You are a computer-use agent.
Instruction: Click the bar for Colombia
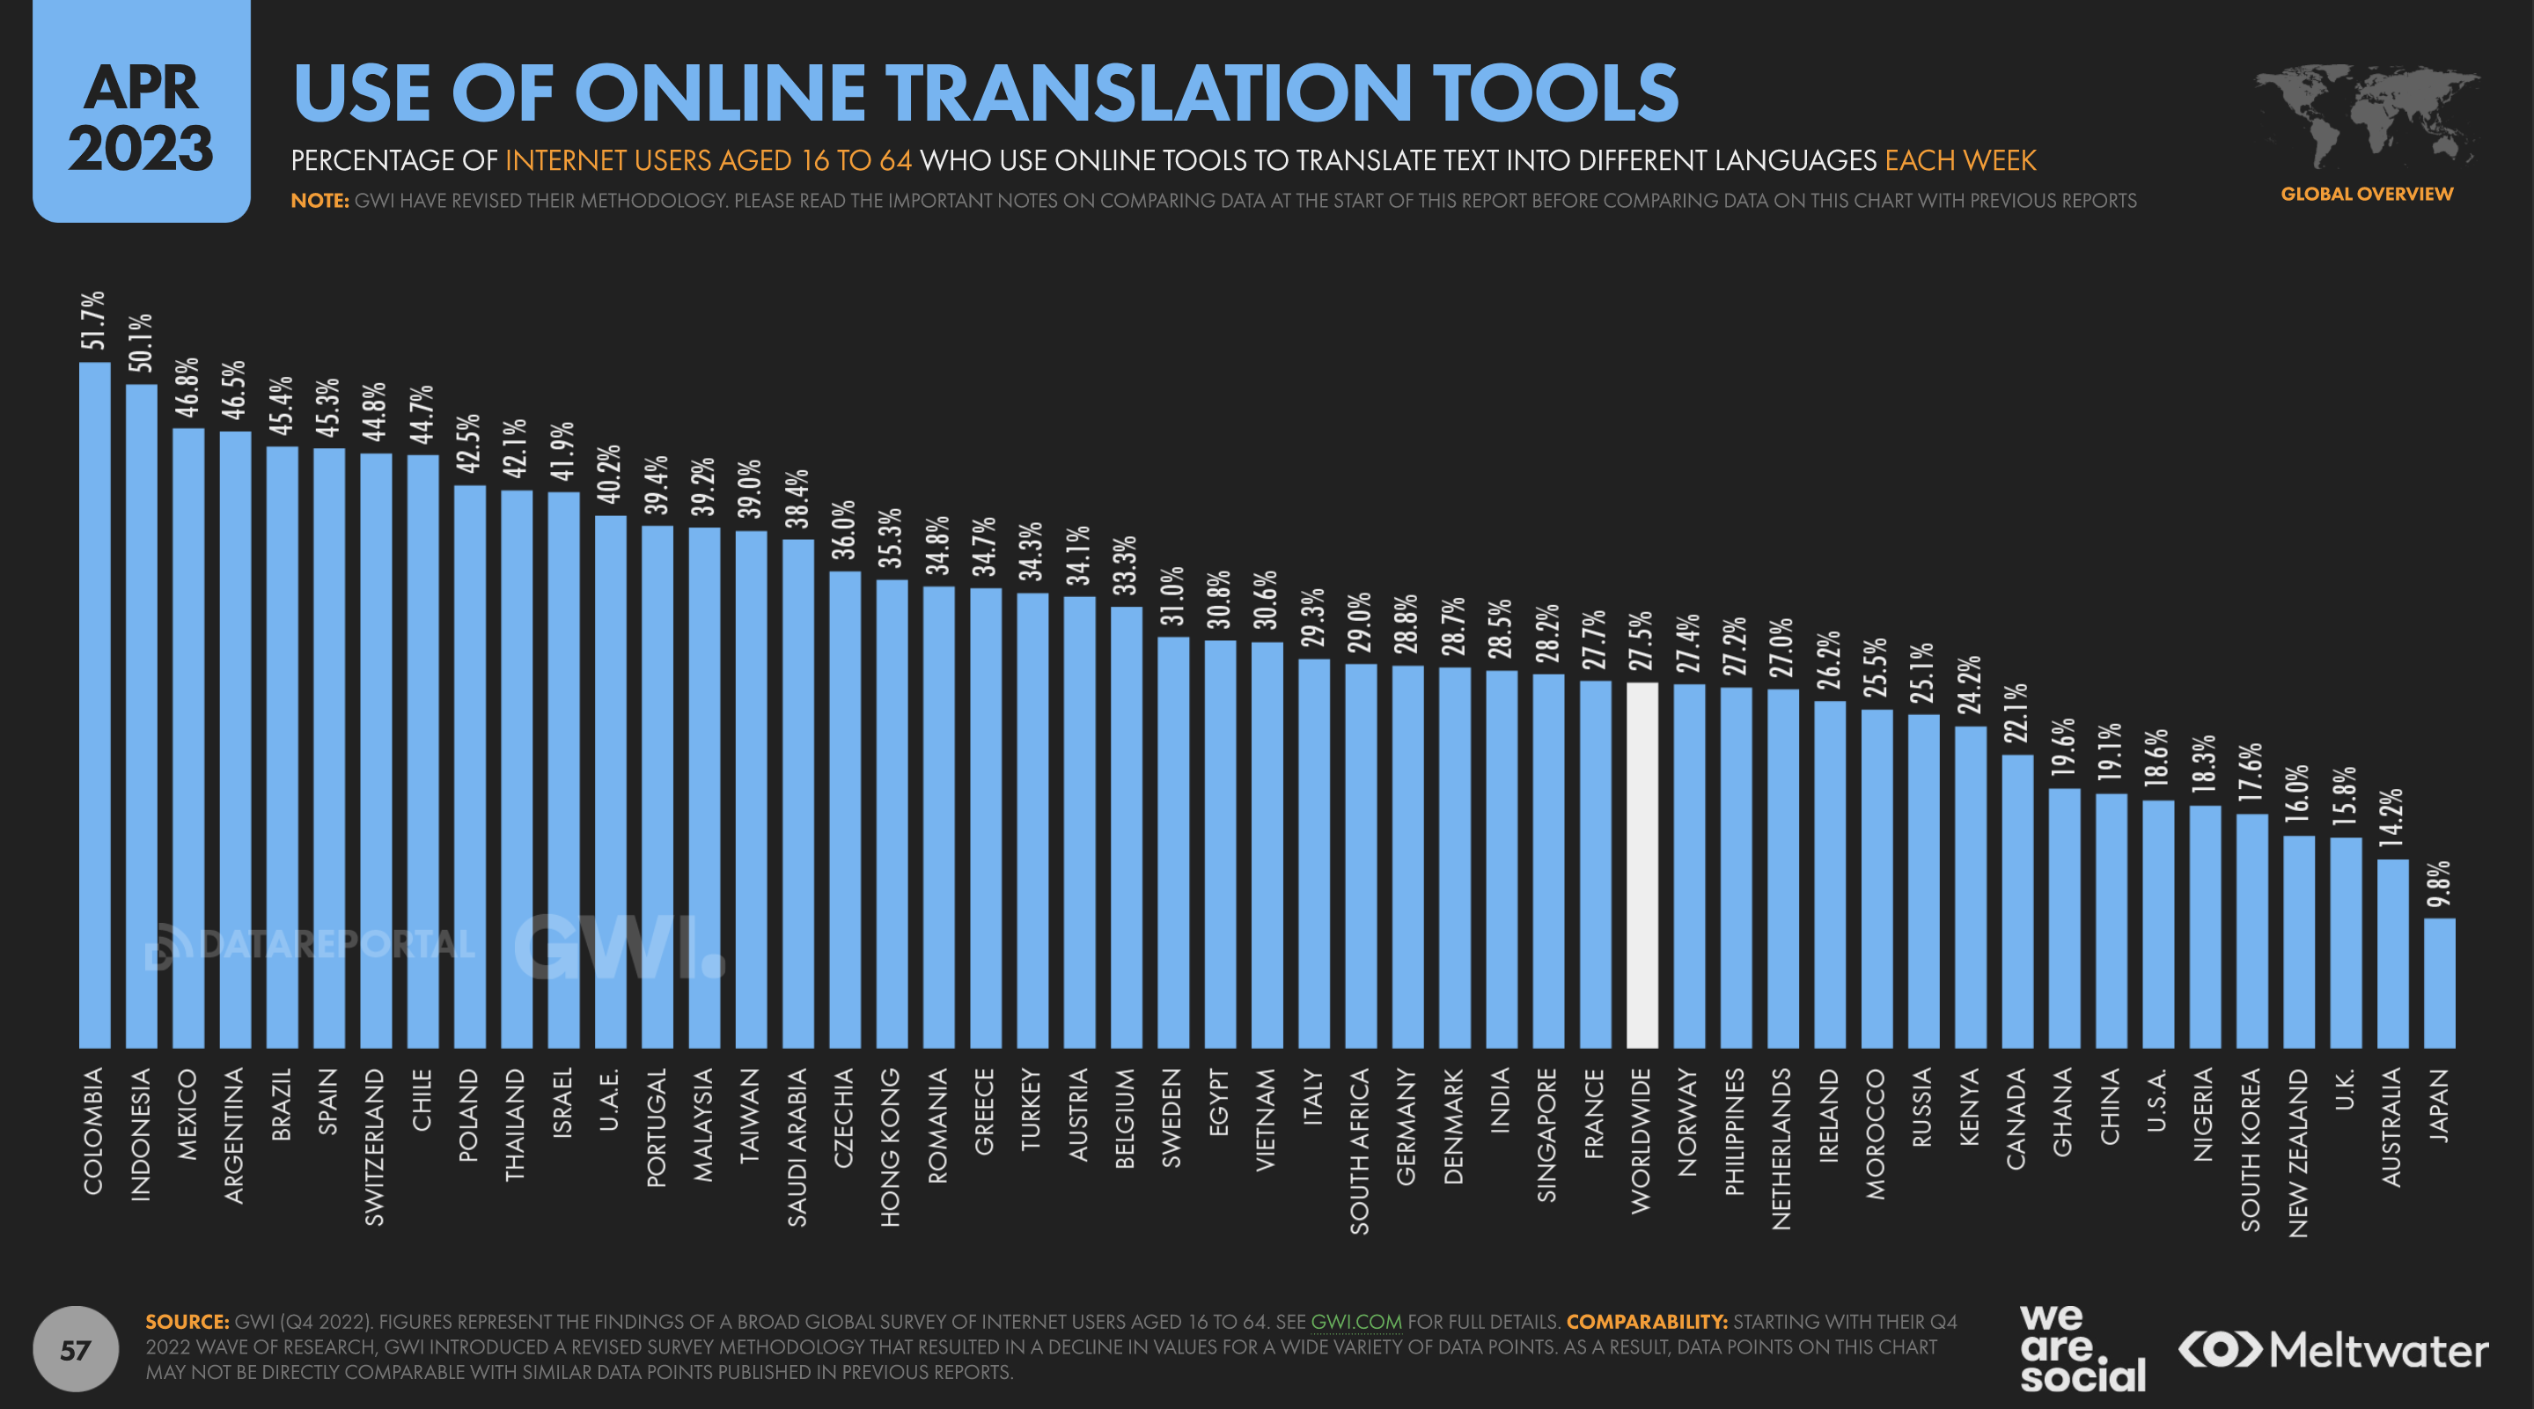coord(94,704)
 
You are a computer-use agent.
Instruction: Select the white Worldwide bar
coord(1642,865)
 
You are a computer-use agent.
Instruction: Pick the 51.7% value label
coord(93,321)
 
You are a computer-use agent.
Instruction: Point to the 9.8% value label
coord(2439,884)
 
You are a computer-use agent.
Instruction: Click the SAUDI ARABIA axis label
coord(797,1147)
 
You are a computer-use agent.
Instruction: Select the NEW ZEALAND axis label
coord(2298,1152)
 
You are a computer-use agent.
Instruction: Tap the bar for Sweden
coord(1172,842)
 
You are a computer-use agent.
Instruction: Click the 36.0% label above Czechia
coord(844,529)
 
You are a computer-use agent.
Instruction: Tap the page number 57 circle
coord(76,1349)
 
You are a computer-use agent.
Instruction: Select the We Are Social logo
coord(2082,1348)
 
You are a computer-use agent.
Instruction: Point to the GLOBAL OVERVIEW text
coord(2366,194)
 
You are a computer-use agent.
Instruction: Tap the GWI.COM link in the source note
coord(1355,1322)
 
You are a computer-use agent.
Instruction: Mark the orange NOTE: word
coord(320,201)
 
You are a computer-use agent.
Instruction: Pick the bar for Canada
coord(2016,900)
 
